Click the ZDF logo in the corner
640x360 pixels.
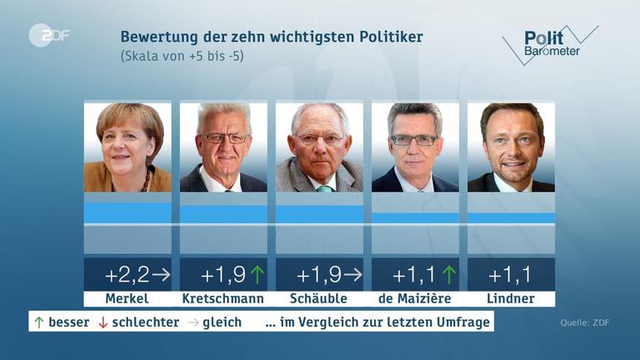[x=49, y=35]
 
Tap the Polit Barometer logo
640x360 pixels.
[x=550, y=44]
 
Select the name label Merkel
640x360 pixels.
[x=127, y=299]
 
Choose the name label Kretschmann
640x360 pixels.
[x=222, y=299]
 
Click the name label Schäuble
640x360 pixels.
[x=319, y=299]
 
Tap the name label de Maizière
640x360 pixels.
[x=415, y=299]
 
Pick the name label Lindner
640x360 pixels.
[x=511, y=299]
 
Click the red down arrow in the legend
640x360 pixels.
[x=103, y=322]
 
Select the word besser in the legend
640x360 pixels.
[x=68, y=322]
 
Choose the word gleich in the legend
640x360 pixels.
[x=222, y=322]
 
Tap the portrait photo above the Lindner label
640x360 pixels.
[x=511, y=147]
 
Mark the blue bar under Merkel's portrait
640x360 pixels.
[x=127, y=212]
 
